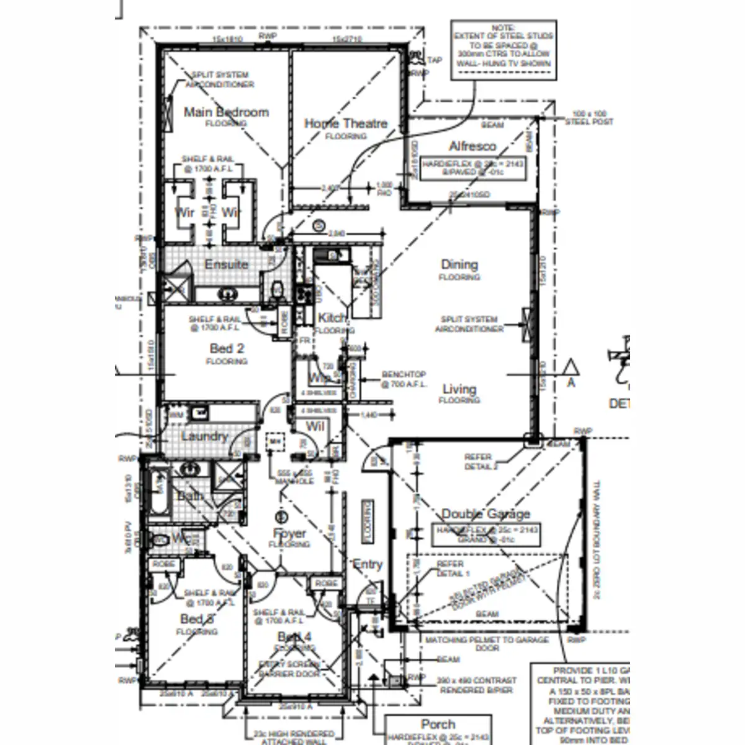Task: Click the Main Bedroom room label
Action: pyautogui.click(x=226, y=112)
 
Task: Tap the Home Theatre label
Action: pyautogui.click(x=346, y=124)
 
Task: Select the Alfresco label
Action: pyautogui.click(x=472, y=147)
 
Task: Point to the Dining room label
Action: pyautogui.click(x=459, y=264)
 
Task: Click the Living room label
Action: pyautogui.click(x=459, y=389)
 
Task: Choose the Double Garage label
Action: pyautogui.click(x=485, y=514)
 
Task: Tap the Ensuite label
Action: pyautogui.click(x=226, y=264)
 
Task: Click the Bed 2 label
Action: pyautogui.click(x=226, y=348)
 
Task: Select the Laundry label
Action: pyautogui.click(x=204, y=436)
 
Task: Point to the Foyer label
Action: pyautogui.click(x=289, y=533)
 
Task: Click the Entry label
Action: pyautogui.click(x=367, y=564)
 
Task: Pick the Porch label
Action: pyautogui.click(x=438, y=725)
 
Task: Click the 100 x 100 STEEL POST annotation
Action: pyautogui.click(x=589, y=118)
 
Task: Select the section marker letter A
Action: pyautogui.click(x=571, y=383)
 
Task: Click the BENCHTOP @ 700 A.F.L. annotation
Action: pyautogui.click(x=404, y=379)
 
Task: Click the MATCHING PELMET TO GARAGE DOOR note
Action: pyautogui.click(x=487, y=643)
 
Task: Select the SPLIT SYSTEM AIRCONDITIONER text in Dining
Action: pyautogui.click(x=469, y=324)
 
